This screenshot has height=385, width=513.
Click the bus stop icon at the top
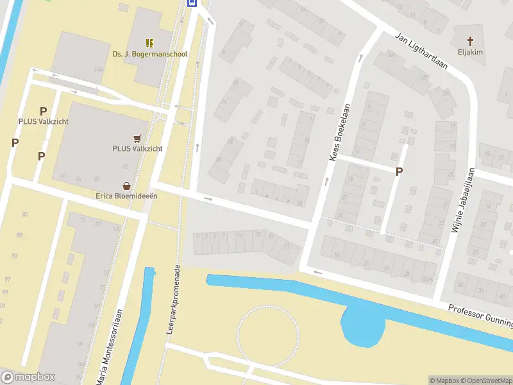(192, 3)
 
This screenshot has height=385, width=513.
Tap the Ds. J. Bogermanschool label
(150, 55)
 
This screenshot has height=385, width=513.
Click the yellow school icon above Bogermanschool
(149, 43)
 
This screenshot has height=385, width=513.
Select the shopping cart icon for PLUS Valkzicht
(137, 138)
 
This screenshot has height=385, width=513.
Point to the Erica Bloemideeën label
(127, 196)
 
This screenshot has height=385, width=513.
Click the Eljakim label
(470, 53)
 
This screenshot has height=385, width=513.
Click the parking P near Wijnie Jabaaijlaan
(399, 171)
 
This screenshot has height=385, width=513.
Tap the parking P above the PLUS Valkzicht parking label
(44, 111)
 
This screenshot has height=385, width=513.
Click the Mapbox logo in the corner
(28, 377)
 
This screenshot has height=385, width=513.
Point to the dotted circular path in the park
(268, 336)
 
